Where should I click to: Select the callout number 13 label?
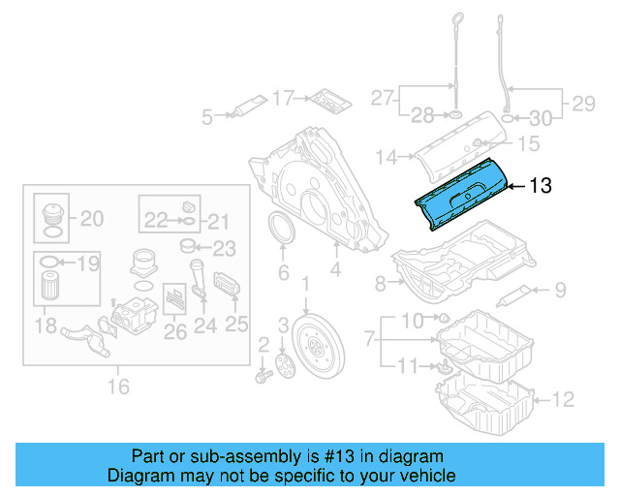(x=540, y=186)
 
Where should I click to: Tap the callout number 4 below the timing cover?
(x=333, y=273)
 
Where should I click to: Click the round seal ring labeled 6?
(x=282, y=234)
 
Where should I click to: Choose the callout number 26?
(x=175, y=331)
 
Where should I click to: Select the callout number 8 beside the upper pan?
(x=381, y=283)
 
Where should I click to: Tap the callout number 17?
(x=282, y=97)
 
